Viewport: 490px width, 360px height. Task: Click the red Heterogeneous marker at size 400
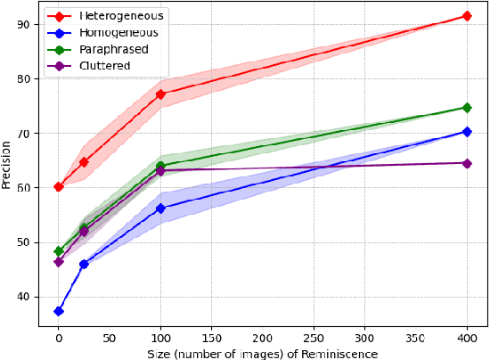point(467,16)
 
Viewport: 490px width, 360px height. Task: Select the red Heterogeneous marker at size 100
point(160,94)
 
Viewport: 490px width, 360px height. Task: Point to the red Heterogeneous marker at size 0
point(59,186)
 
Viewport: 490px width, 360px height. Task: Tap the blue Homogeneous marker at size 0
point(59,311)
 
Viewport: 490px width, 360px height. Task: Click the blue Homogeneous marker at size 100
point(160,209)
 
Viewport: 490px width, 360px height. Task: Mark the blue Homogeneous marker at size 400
point(467,132)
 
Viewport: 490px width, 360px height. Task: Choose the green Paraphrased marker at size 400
point(467,108)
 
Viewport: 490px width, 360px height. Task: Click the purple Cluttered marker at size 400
point(467,163)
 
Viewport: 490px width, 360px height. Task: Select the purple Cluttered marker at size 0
point(59,262)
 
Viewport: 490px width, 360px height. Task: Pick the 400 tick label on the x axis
point(467,340)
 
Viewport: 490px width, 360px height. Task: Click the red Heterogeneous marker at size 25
point(84,162)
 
